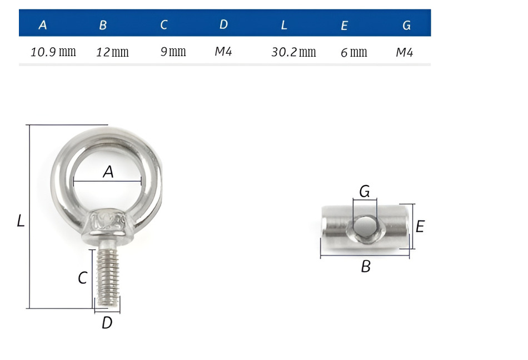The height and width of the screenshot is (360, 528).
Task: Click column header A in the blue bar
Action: [42, 25]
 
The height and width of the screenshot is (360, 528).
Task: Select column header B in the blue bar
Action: [103, 25]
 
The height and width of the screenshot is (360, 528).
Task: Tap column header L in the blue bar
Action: [284, 25]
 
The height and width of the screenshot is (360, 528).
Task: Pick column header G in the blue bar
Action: [406, 25]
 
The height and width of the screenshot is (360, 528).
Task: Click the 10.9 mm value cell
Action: [53, 52]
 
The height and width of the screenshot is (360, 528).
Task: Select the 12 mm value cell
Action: [112, 52]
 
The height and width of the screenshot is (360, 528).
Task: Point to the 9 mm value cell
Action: [173, 52]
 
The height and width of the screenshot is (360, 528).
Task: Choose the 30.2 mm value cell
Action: [293, 52]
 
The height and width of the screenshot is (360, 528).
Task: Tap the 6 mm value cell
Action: [353, 52]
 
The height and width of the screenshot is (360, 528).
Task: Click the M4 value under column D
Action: [223, 52]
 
